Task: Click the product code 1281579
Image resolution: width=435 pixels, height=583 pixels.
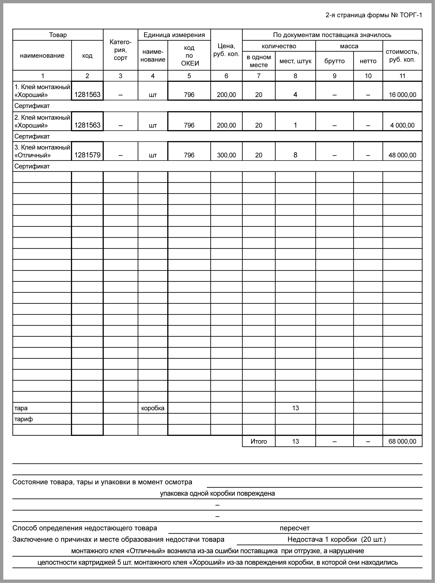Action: pos(87,155)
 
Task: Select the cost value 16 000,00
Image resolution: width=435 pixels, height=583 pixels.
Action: pos(402,95)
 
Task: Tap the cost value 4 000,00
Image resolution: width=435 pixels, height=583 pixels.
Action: pos(402,125)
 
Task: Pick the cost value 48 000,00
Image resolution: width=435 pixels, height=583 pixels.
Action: pos(402,155)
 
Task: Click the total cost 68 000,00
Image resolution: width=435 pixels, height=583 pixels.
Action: pos(402,441)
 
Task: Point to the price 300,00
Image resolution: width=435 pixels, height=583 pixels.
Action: pos(226,155)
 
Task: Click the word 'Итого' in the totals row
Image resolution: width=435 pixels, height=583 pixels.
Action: pos(259,441)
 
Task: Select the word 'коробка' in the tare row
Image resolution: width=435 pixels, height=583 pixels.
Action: pos(153,408)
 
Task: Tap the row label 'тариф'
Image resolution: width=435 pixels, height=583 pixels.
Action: pos(24,419)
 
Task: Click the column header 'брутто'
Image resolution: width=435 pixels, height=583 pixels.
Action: pos(335,61)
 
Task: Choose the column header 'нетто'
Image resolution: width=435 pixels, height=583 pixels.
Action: pos(368,61)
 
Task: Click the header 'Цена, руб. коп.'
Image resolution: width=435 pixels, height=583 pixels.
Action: pos(226,50)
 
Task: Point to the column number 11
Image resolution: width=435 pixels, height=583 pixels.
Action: pos(402,76)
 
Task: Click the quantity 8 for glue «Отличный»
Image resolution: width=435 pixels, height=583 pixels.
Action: pos(295,155)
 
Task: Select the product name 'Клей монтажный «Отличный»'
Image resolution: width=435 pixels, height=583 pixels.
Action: pos(42,151)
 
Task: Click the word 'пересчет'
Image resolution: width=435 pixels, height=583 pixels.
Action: pos(295,528)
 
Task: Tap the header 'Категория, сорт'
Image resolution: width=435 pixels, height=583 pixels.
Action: pos(120,50)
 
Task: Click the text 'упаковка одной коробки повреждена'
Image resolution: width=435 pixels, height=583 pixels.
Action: pos(217,494)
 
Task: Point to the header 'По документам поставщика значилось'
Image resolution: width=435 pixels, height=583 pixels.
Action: pos(332,35)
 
